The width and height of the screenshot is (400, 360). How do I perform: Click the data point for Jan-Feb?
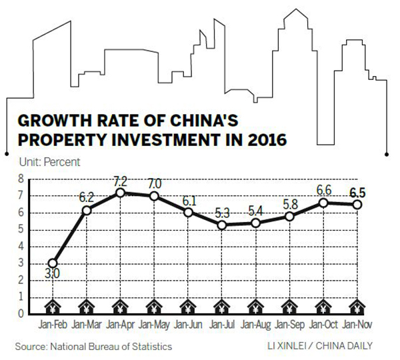click(52, 263)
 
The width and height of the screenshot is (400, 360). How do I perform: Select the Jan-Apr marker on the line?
click(120, 193)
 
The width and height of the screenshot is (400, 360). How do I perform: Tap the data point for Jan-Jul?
click(223, 225)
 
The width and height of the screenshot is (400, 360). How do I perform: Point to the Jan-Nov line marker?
click(358, 205)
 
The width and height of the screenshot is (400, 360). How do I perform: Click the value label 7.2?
click(121, 181)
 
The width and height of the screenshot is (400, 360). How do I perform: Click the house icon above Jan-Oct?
click(324, 307)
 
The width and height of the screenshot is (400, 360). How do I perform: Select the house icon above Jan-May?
click(154, 307)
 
